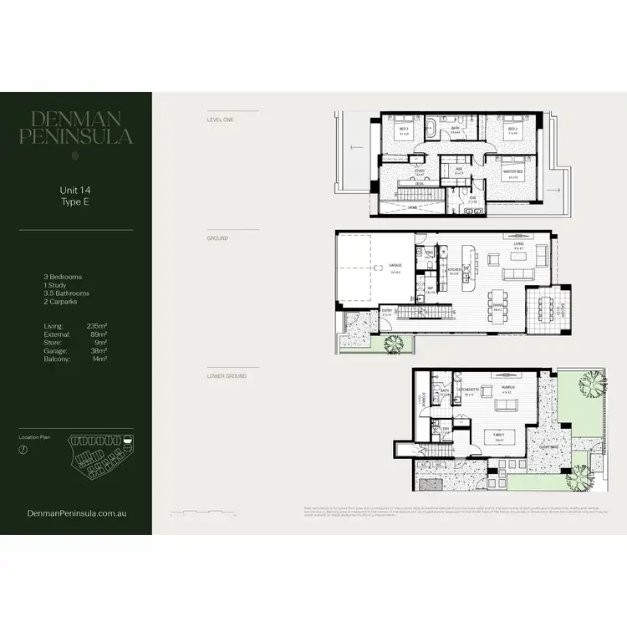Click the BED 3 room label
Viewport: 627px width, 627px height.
[x=404, y=130]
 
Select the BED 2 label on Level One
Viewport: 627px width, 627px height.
[x=512, y=130]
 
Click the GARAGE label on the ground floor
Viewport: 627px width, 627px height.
[x=395, y=267]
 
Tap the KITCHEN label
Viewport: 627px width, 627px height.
[x=454, y=269]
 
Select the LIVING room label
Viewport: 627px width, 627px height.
[x=518, y=246]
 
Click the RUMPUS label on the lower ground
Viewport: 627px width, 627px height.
[x=507, y=386]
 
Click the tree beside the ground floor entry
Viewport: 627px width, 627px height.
[x=392, y=343]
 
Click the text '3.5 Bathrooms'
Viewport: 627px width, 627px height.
[x=66, y=293]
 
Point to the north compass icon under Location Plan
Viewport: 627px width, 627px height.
[x=23, y=449]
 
